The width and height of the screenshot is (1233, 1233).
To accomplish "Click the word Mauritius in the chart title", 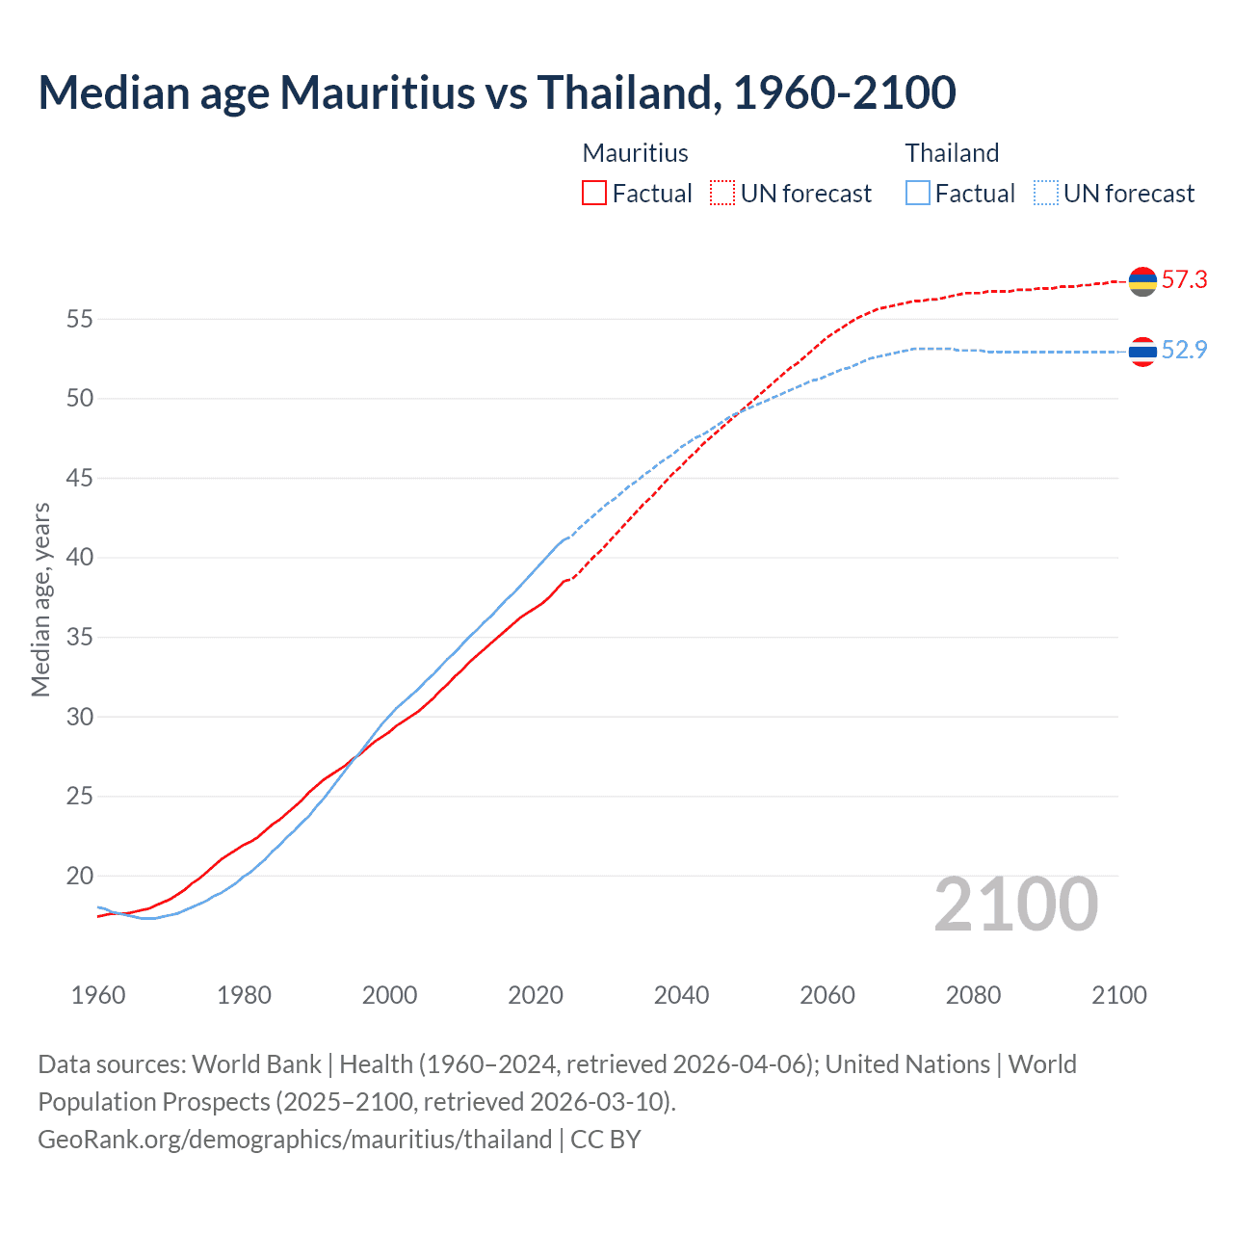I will click(377, 93).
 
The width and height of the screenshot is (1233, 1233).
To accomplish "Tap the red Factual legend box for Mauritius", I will click(594, 193).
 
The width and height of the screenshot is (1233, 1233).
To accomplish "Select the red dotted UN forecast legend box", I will click(722, 193).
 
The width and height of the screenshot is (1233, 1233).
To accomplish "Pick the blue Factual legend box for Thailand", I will click(918, 193).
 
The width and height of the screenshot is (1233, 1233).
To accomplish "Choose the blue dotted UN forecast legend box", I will click(1045, 193).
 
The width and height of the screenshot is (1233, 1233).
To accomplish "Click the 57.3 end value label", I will click(1184, 280).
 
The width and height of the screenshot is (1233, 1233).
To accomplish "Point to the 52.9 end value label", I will click(1184, 351).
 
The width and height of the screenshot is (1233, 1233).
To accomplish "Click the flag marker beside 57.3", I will click(1142, 281).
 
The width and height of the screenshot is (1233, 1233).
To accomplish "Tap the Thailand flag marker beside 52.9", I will click(1142, 352).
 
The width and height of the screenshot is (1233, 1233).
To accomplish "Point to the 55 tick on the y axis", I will click(79, 319).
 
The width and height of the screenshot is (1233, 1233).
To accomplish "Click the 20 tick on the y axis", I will click(79, 876).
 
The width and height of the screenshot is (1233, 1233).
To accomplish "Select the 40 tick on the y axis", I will click(79, 558).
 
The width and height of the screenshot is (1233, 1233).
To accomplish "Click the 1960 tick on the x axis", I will click(98, 995).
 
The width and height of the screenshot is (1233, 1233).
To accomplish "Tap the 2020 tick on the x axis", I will click(536, 995).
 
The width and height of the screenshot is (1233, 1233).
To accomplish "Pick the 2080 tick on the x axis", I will click(973, 995).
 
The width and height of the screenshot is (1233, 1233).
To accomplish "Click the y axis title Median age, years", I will click(40, 599).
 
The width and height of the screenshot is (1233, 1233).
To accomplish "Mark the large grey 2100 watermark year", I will click(1016, 905).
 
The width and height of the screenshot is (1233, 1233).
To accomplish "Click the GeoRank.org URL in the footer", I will click(295, 1140).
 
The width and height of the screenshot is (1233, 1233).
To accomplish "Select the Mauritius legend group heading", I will click(636, 153).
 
